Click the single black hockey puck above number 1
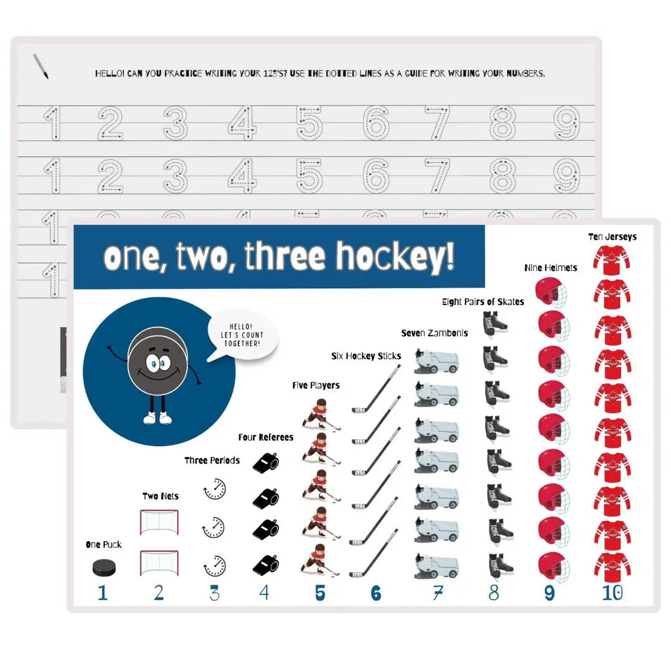tap(104, 566)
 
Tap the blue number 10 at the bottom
tap(611, 593)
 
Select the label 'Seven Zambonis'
tap(434, 333)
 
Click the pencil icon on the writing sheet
tap(41, 66)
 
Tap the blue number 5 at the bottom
tap(320, 593)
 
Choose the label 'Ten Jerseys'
tap(612, 237)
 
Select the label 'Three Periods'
tap(212, 460)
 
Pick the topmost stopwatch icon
tap(214, 489)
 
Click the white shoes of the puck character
tap(157, 418)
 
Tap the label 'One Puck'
tap(104, 545)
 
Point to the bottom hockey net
tap(159, 562)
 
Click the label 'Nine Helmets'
tap(550, 268)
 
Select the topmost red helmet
tap(552, 291)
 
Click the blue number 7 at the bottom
tap(437, 593)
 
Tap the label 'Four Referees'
tap(265, 437)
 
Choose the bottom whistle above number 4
tap(265, 564)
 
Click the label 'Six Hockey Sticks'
tap(366, 357)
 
